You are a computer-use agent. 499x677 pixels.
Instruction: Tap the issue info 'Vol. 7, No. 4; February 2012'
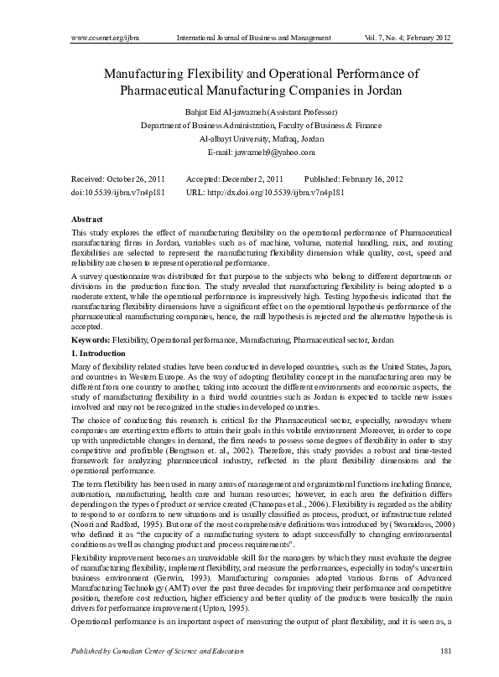(413, 39)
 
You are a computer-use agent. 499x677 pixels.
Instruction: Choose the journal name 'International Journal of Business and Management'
(254, 39)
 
